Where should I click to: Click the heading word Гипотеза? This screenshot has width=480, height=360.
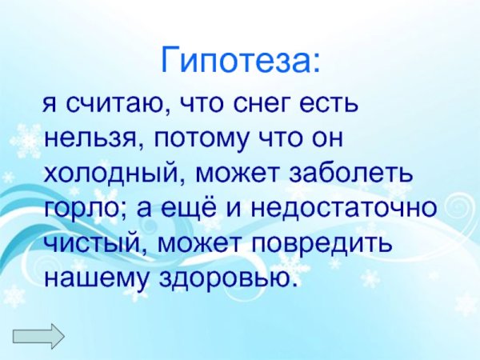point(239,60)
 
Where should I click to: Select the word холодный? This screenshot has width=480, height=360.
point(111,174)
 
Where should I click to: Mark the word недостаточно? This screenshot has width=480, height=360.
point(345,208)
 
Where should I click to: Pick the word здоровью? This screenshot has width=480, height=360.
point(228,277)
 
